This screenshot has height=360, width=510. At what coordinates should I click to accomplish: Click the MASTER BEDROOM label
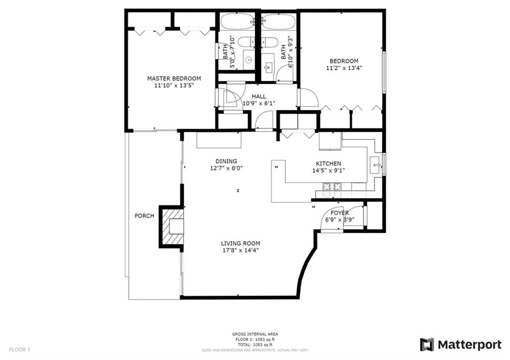174,79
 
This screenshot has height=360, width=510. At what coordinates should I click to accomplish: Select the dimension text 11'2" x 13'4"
344,68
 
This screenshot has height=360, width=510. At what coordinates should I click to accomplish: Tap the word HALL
258,97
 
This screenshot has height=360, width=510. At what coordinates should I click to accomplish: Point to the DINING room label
226,161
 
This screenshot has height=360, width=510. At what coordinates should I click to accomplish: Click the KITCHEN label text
329,164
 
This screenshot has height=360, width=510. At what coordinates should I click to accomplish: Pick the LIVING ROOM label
241,243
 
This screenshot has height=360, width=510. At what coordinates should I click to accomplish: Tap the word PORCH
144,216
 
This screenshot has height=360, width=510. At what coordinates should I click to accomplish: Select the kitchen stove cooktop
333,187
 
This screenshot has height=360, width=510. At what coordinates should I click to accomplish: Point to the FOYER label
340,213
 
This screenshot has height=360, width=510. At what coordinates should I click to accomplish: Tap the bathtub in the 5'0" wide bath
237,22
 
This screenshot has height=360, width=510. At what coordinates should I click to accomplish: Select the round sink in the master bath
249,60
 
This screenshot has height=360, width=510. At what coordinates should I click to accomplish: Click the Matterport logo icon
427,345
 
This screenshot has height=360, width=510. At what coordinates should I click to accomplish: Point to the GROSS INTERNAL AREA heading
255,334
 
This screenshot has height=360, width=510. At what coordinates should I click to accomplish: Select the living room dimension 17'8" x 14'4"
241,250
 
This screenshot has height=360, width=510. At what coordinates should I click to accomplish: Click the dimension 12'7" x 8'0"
226,168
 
